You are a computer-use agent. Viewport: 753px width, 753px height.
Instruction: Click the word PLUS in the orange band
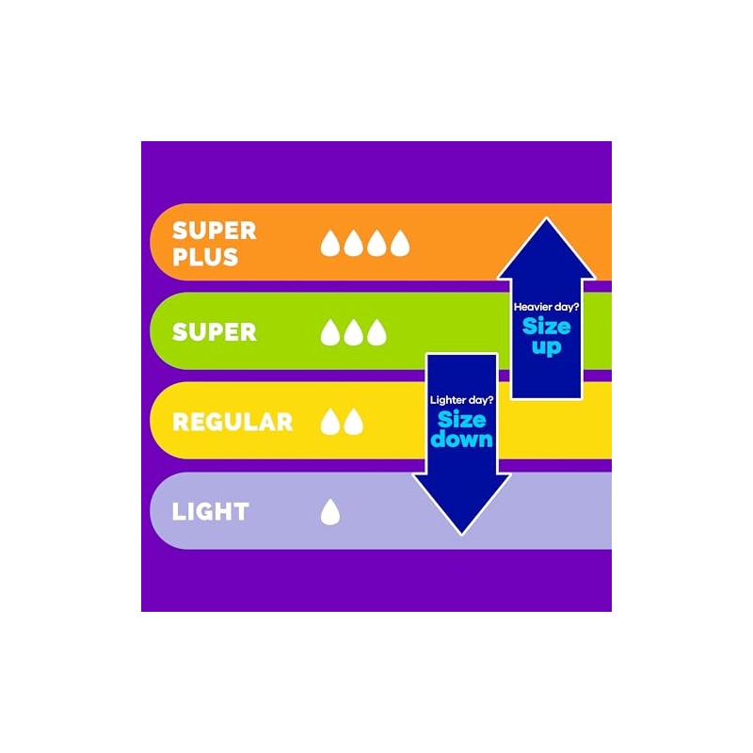pyautogui.click(x=205, y=257)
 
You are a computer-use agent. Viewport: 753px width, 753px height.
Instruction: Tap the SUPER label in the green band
pyautogui.click(x=215, y=332)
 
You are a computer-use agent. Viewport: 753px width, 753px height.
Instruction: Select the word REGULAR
pyautogui.click(x=232, y=422)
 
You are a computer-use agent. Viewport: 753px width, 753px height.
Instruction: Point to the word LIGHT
pyautogui.click(x=210, y=511)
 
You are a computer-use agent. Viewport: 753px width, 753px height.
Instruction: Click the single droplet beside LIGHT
pyautogui.click(x=330, y=511)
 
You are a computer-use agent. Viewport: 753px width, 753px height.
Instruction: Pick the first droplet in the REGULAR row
pyautogui.click(x=330, y=422)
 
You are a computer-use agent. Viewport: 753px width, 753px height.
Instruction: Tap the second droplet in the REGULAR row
pyautogui.click(x=354, y=422)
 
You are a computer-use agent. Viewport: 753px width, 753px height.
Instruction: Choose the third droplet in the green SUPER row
pyautogui.click(x=376, y=332)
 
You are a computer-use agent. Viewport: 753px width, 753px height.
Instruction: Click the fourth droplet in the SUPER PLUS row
pyautogui.click(x=400, y=243)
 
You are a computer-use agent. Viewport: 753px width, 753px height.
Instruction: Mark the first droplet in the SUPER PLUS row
pyautogui.click(x=330, y=243)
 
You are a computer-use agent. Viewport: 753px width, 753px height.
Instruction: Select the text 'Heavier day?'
pyautogui.click(x=547, y=308)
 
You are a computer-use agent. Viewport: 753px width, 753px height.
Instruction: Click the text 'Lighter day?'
pyautogui.click(x=461, y=400)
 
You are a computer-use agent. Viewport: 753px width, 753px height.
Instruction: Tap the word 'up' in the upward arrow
pyautogui.click(x=547, y=346)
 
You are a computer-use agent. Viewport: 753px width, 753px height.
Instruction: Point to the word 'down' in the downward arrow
pyautogui.click(x=461, y=439)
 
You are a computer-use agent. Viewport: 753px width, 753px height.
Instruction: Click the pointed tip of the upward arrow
pyautogui.click(x=547, y=218)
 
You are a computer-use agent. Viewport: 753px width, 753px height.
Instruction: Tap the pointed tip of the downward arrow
pyautogui.click(x=461, y=534)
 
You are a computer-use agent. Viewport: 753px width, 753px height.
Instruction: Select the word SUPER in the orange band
pyautogui.click(x=215, y=231)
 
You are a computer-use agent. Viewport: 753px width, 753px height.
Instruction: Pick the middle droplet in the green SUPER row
pyautogui.click(x=354, y=332)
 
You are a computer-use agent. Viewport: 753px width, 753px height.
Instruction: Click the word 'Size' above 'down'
pyautogui.click(x=461, y=420)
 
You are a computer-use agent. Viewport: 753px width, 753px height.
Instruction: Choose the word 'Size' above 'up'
pyautogui.click(x=547, y=327)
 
